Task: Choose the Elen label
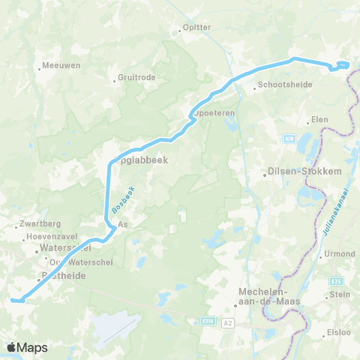(x=319, y=120)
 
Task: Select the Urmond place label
(x=339, y=253)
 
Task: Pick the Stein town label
(x=340, y=295)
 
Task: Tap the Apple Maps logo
(x=26, y=347)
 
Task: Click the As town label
(x=123, y=223)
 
